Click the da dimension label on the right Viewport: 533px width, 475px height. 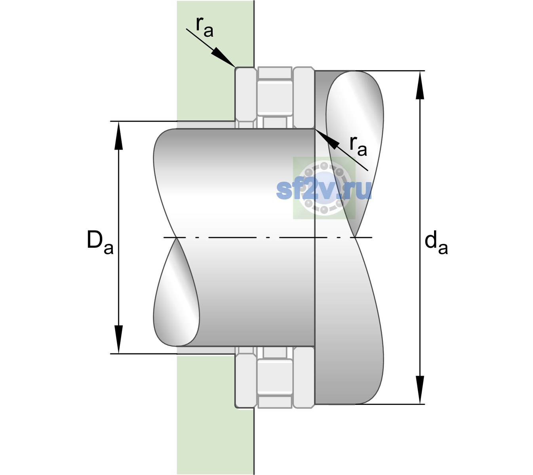coord(436,244)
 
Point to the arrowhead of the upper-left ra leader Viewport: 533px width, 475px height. coord(224,57)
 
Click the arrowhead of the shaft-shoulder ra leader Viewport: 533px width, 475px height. coord(327,139)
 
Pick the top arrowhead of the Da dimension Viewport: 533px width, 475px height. coord(119,135)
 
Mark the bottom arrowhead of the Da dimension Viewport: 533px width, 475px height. coord(119,339)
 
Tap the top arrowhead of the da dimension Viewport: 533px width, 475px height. coord(420,85)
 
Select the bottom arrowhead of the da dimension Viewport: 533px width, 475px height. coord(420,390)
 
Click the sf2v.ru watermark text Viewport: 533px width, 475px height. coord(324,190)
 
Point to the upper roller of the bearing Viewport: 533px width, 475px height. coord(275,98)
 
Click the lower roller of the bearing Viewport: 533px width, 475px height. coord(275,377)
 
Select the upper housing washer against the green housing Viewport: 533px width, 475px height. coord(246,98)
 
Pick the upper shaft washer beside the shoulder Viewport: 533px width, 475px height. coord(304,98)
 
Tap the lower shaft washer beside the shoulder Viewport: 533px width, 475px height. coord(304,377)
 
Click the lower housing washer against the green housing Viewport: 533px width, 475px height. coord(246,377)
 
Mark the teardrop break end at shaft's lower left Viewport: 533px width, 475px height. coord(176,292)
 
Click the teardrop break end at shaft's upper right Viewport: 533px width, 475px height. coord(355,154)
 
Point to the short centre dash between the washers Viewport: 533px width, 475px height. coord(268,237)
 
